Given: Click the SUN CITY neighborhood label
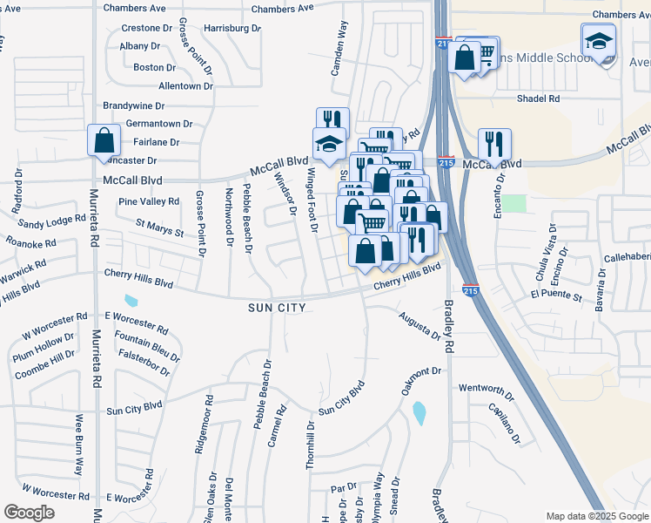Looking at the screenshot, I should coord(277,308).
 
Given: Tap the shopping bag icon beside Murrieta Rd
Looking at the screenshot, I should coord(104,140).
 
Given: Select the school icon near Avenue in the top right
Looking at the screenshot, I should coord(599,42).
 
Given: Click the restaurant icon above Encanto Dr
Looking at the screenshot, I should coord(494,144).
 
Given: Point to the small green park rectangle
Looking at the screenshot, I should coord(514,203).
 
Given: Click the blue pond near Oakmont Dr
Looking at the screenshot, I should coord(419,411).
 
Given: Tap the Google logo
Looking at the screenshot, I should coord(30,512).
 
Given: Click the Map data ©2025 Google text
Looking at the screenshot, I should coord(596,516).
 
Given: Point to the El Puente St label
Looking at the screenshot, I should coord(555,297).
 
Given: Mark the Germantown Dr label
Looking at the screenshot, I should coord(158,125).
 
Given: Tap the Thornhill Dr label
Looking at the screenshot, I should coord(310,445).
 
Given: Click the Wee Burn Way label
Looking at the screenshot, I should coord(78,444).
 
